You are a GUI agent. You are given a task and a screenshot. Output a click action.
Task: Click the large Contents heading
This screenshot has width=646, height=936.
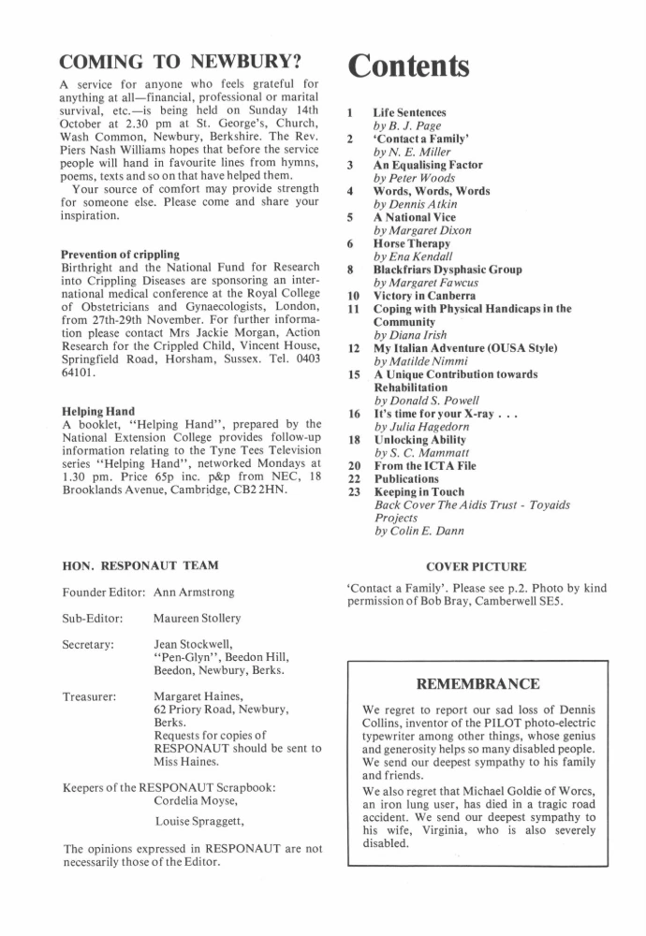coord(409,66)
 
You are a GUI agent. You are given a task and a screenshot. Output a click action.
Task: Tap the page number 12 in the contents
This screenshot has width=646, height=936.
coord(353,348)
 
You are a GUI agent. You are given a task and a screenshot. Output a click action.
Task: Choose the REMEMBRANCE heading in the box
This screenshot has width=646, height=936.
coord(477,684)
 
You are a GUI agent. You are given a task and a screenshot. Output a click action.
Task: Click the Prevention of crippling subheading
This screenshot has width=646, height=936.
coord(120,254)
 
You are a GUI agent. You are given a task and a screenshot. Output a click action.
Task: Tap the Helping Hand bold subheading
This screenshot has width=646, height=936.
coord(97,410)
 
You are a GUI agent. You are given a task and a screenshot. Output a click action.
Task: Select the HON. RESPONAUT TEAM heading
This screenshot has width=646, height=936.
coord(139,564)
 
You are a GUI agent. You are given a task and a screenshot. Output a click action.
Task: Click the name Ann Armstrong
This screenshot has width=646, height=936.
coord(194,592)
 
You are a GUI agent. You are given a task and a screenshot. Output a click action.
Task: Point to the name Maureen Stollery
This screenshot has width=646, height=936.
coord(199,619)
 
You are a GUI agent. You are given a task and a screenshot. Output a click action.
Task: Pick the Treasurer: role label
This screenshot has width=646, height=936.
coord(88,697)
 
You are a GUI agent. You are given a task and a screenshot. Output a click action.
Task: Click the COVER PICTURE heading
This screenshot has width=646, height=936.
coord(477,566)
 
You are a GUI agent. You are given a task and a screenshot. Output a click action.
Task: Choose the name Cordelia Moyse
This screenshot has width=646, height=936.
coord(203,801)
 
